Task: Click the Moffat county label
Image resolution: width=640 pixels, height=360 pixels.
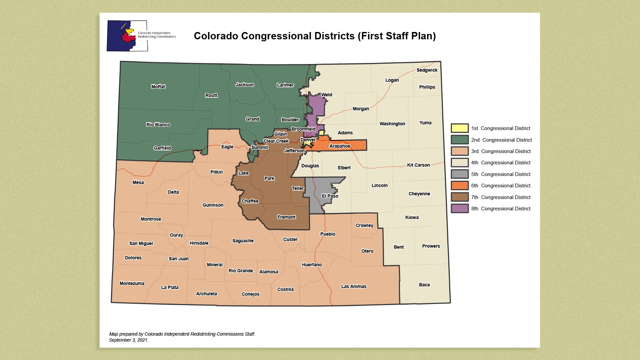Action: click(x=158, y=87)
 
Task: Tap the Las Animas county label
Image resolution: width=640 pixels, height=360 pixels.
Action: click(x=354, y=286)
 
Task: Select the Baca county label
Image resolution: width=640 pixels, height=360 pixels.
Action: click(x=424, y=285)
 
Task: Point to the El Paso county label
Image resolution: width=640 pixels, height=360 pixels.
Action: click(x=330, y=196)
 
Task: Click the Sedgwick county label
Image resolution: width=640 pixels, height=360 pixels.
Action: click(x=427, y=70)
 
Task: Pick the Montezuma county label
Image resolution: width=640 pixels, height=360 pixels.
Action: click(x=132, y=283)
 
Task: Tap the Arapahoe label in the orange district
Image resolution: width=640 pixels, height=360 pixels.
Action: click(x=339, y=146)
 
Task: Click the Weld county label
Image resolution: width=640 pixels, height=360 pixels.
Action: click(x=326, y=95)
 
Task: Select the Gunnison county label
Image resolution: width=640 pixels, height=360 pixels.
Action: click(x=213, y=205)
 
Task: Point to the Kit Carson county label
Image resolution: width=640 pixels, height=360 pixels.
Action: click(x=418, y=165)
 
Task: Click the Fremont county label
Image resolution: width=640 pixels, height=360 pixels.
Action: click(x=286, y=217)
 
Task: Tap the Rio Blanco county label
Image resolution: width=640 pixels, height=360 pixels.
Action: click(x=158, y=125)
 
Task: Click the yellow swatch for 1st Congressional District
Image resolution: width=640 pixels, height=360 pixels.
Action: click(x=459, y=128)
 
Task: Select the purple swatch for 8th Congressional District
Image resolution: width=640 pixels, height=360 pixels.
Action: click(x=459, y=209)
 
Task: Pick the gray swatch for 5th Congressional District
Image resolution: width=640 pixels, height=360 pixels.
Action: click(x=459, y=174)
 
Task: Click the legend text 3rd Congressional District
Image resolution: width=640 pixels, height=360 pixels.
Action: click(x=501, y=151)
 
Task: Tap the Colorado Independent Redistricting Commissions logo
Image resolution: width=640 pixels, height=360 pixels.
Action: click(x=127, y=36)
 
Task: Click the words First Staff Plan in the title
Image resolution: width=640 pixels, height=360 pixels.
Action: click(x=396, y=36)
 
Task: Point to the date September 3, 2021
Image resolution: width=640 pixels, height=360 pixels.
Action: click(x=128, y=340)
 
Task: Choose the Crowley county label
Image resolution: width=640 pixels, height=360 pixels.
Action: click(x=364, y=225)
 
